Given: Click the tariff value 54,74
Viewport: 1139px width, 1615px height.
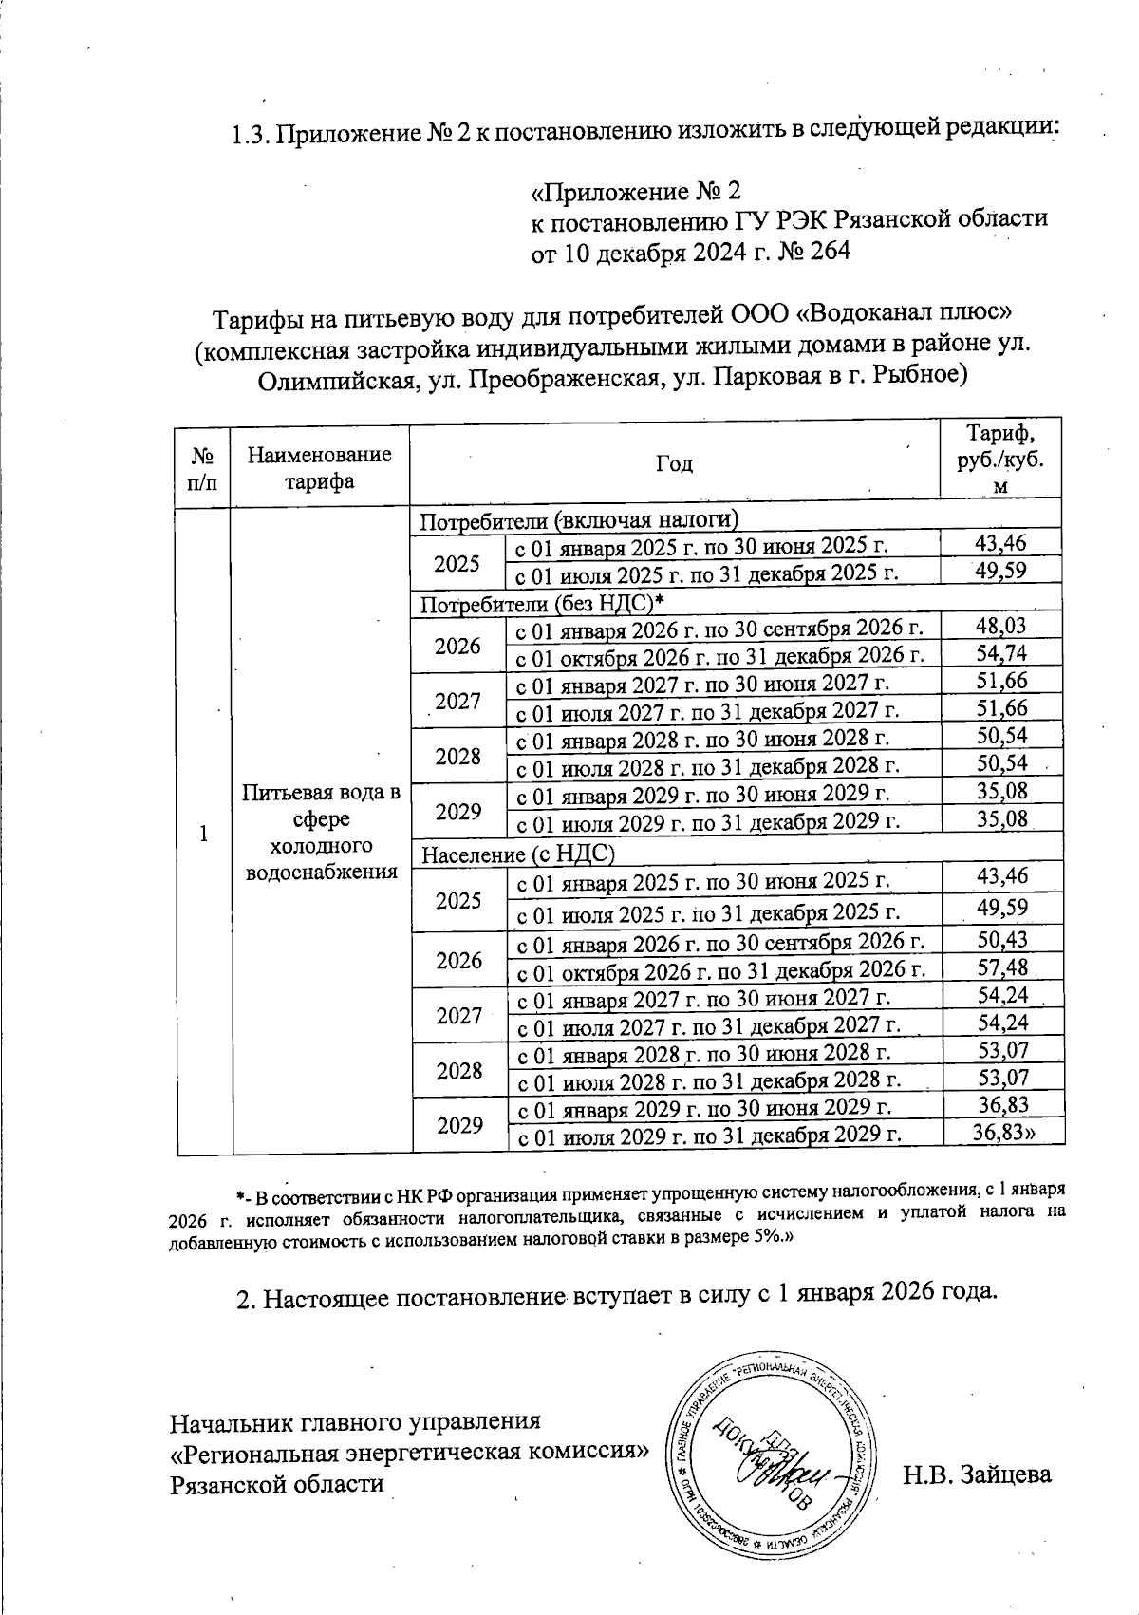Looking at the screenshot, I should tap(1001, 653).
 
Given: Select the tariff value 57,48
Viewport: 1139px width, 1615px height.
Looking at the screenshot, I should tap(1003, 967).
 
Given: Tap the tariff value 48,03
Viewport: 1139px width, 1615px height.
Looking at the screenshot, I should tap(1001, 626).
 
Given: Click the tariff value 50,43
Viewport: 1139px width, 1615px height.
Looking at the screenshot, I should tap(1003, 940).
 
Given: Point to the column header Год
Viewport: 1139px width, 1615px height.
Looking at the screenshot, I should tap(674, 463).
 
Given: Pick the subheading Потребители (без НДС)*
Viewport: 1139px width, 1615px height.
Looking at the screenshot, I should tap(541, 603).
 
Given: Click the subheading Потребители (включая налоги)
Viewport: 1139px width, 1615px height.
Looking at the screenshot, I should tap(579, 519).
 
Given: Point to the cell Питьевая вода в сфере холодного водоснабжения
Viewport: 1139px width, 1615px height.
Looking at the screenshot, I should tap(320, 832).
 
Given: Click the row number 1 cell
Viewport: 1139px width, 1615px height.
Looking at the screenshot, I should tap(202, 833).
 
